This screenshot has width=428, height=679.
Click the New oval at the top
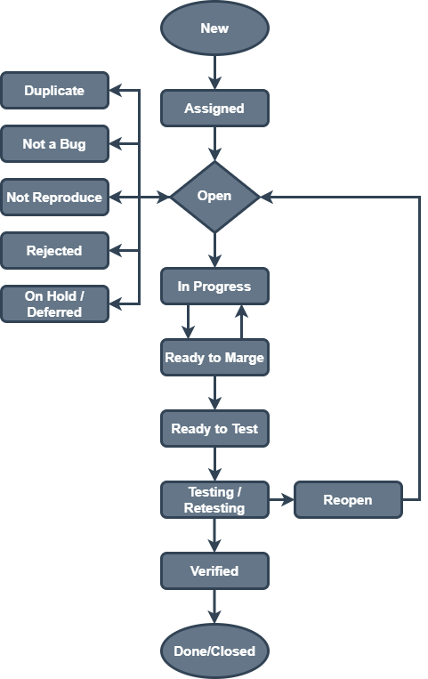214,28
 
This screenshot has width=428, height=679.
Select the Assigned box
214,109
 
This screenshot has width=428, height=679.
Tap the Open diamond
214,197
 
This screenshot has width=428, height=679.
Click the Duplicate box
54,91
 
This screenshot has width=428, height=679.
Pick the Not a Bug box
54,144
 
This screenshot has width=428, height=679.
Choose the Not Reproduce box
54,198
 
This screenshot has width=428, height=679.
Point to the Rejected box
54,251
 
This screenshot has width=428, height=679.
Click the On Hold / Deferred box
54,304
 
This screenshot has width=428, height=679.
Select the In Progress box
214,287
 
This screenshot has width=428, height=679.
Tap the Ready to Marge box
214,358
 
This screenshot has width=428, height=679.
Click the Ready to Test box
214,429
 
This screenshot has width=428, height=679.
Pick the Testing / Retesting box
214,500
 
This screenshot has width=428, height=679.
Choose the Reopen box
347,500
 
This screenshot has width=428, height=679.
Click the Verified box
214,571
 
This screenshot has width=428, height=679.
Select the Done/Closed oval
214,651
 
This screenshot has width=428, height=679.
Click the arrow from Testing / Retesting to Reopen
280,500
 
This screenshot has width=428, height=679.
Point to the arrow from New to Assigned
214,72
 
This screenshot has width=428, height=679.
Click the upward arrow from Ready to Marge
240,321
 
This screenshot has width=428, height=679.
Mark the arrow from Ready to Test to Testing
214,464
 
